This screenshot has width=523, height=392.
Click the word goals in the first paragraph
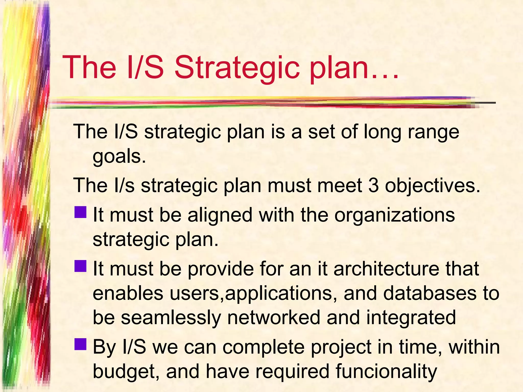[x=119, y=157]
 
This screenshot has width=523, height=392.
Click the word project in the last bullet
[x=341, y=348]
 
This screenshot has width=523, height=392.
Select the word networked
[x=274, y=317]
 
